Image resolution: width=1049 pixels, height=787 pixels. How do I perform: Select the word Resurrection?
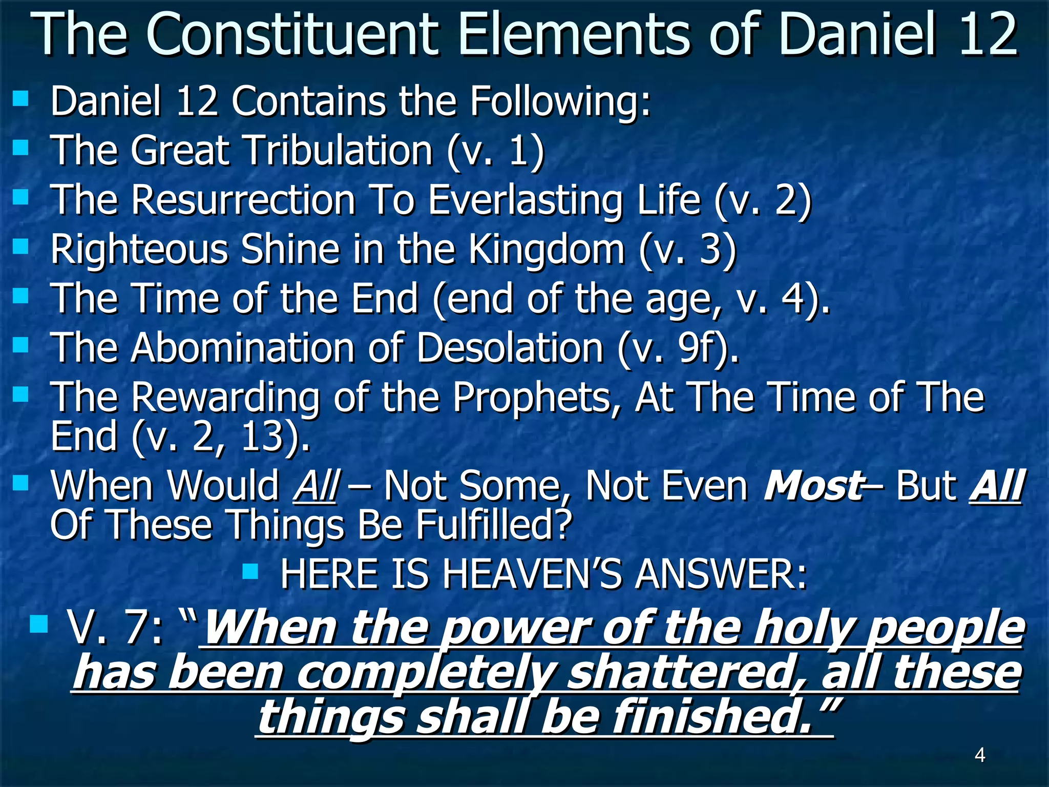tap(243, 200)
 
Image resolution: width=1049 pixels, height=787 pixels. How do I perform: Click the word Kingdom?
tap(547, 250)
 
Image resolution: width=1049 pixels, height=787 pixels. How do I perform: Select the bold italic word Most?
tap(813, 485)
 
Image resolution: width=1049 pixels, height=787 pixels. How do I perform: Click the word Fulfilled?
tap(493, 525)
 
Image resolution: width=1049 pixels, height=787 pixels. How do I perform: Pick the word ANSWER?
tap(720, 574)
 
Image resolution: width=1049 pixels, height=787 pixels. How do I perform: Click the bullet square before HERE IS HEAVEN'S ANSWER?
tap(250, 571)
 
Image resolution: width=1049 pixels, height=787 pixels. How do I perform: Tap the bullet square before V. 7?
tap(38, 624)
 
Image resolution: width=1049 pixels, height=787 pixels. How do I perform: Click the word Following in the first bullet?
tap(560, 101)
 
